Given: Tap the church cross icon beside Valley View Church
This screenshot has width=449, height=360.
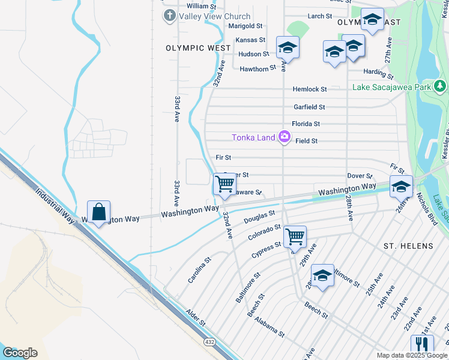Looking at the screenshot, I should (x=170, y=16).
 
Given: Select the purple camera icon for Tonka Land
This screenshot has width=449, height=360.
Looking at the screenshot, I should (x=285, y=137).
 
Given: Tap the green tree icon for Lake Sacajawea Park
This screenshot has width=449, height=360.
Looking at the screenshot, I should (x=441, y=86).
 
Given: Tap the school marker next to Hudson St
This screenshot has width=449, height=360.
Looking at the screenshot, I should (x=288, y=47).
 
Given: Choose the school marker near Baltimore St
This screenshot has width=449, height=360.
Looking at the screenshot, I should (x=322, y=275).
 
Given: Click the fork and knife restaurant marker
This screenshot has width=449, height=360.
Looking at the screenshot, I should (x=422, y=344).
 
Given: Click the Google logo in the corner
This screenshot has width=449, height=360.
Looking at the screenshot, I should (x=20, y=352).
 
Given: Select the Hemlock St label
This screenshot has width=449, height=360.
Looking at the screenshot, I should (x=310, y=89).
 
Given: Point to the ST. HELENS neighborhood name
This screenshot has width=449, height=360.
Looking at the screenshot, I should (x=408, y=246).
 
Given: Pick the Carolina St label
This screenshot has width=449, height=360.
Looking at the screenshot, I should (x=199, y=271).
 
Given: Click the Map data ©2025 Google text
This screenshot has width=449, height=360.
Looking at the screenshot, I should (x=411, y=355).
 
